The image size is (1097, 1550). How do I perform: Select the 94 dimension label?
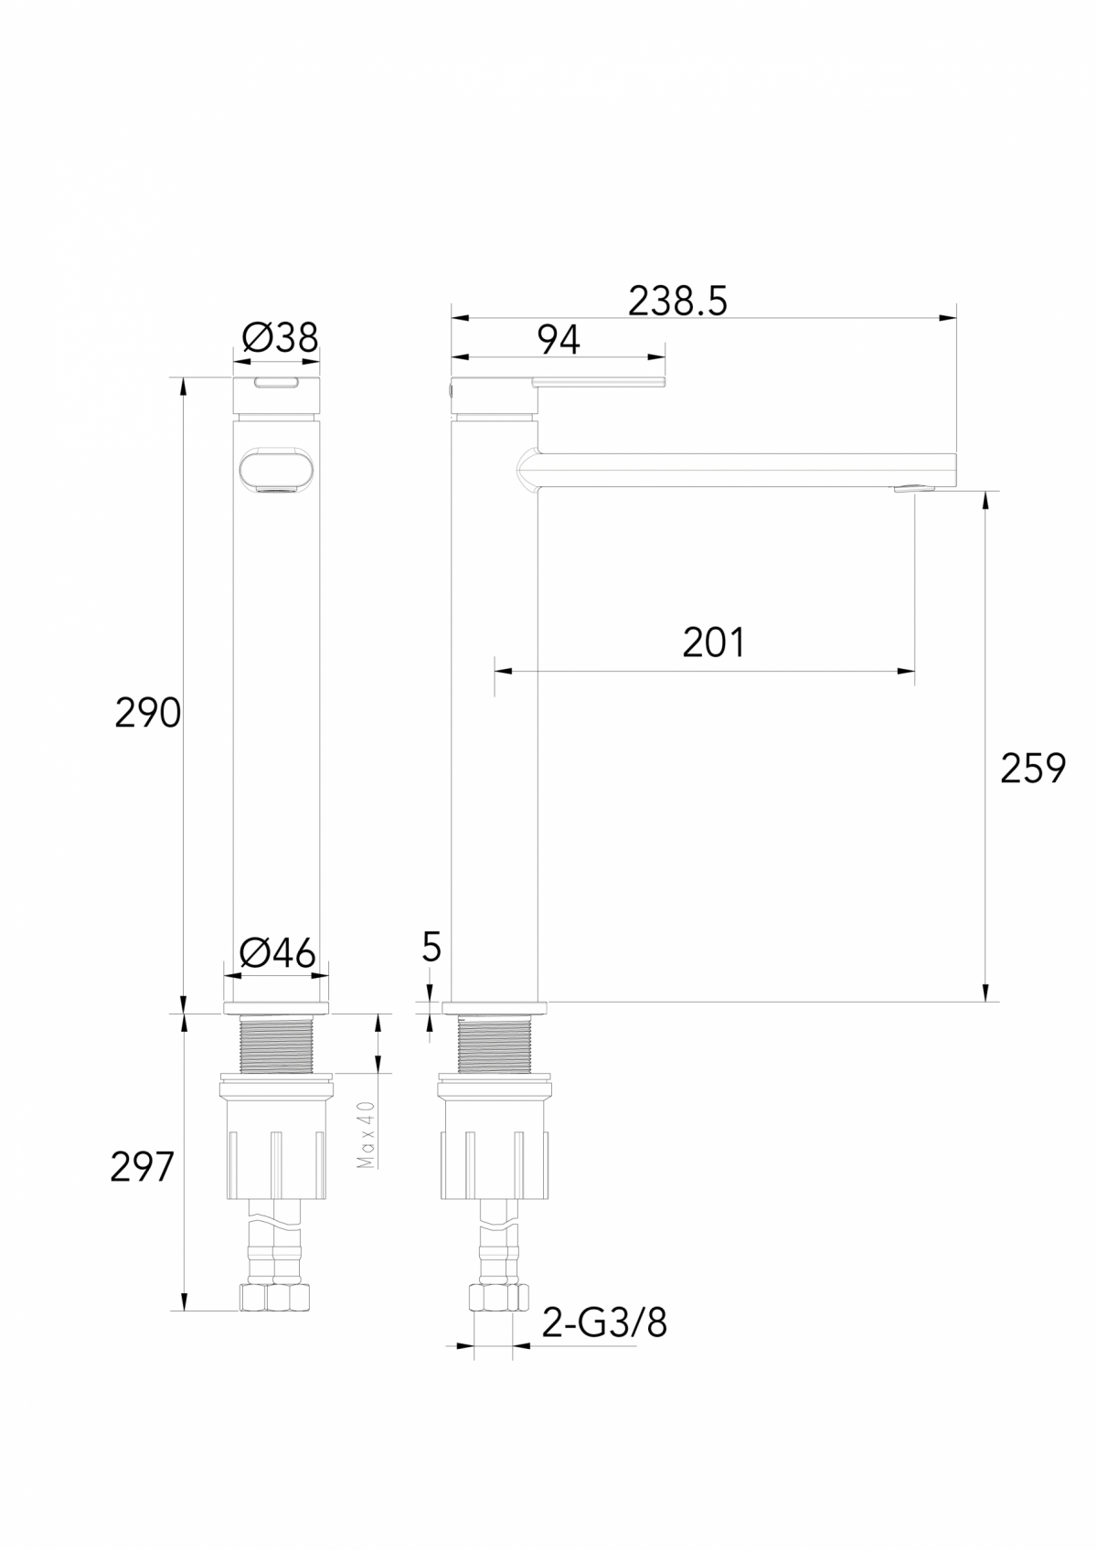pos(558,341)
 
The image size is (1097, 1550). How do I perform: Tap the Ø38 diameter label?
pos(280,339)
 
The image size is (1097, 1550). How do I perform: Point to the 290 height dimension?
pos(147,713)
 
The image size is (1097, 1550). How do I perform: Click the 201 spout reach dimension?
pos(713,643)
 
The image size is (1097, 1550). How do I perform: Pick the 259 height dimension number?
pos(1033,769)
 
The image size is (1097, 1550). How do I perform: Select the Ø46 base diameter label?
pos(277,954)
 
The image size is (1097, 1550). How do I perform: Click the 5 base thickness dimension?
pos(431,948)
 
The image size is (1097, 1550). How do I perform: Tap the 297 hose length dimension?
pos(142,1167)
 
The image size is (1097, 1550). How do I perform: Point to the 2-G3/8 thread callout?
pos(604,1322)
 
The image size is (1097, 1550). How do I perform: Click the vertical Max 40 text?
pos(366,1134)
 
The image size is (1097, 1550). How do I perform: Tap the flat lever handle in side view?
pos(599,382)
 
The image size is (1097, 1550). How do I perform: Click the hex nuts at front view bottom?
pos(275,1298)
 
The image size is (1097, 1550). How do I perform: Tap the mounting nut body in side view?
pos(495,1147)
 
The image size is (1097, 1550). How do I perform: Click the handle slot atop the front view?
pos(276,383)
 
